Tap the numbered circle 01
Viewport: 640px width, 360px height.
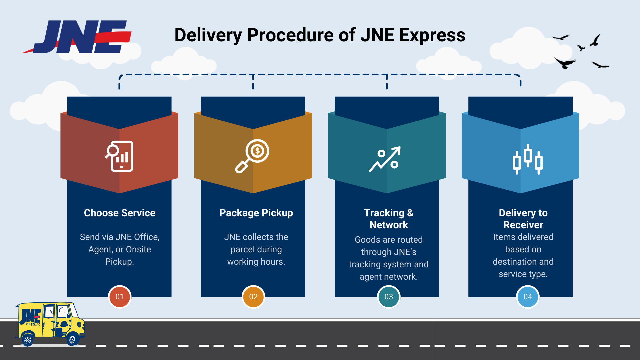coord(119,297)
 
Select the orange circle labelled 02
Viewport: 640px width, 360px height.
coord(253,297)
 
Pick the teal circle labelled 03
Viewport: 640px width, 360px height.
coord(388,297)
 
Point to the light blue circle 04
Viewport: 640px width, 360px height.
coord(527,297)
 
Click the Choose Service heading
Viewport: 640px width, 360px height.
coord(119,213)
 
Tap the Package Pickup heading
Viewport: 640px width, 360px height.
coord(256,213)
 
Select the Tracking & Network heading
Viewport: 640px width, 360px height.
coord(389,219)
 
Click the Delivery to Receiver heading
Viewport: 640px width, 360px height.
coord(523,219)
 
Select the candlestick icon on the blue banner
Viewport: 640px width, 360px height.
coord(528,159)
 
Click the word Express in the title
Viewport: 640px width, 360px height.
coord(432,35)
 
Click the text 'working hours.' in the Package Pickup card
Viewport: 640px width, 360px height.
coord(256,262)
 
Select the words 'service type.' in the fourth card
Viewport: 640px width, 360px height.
coord(523,274)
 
